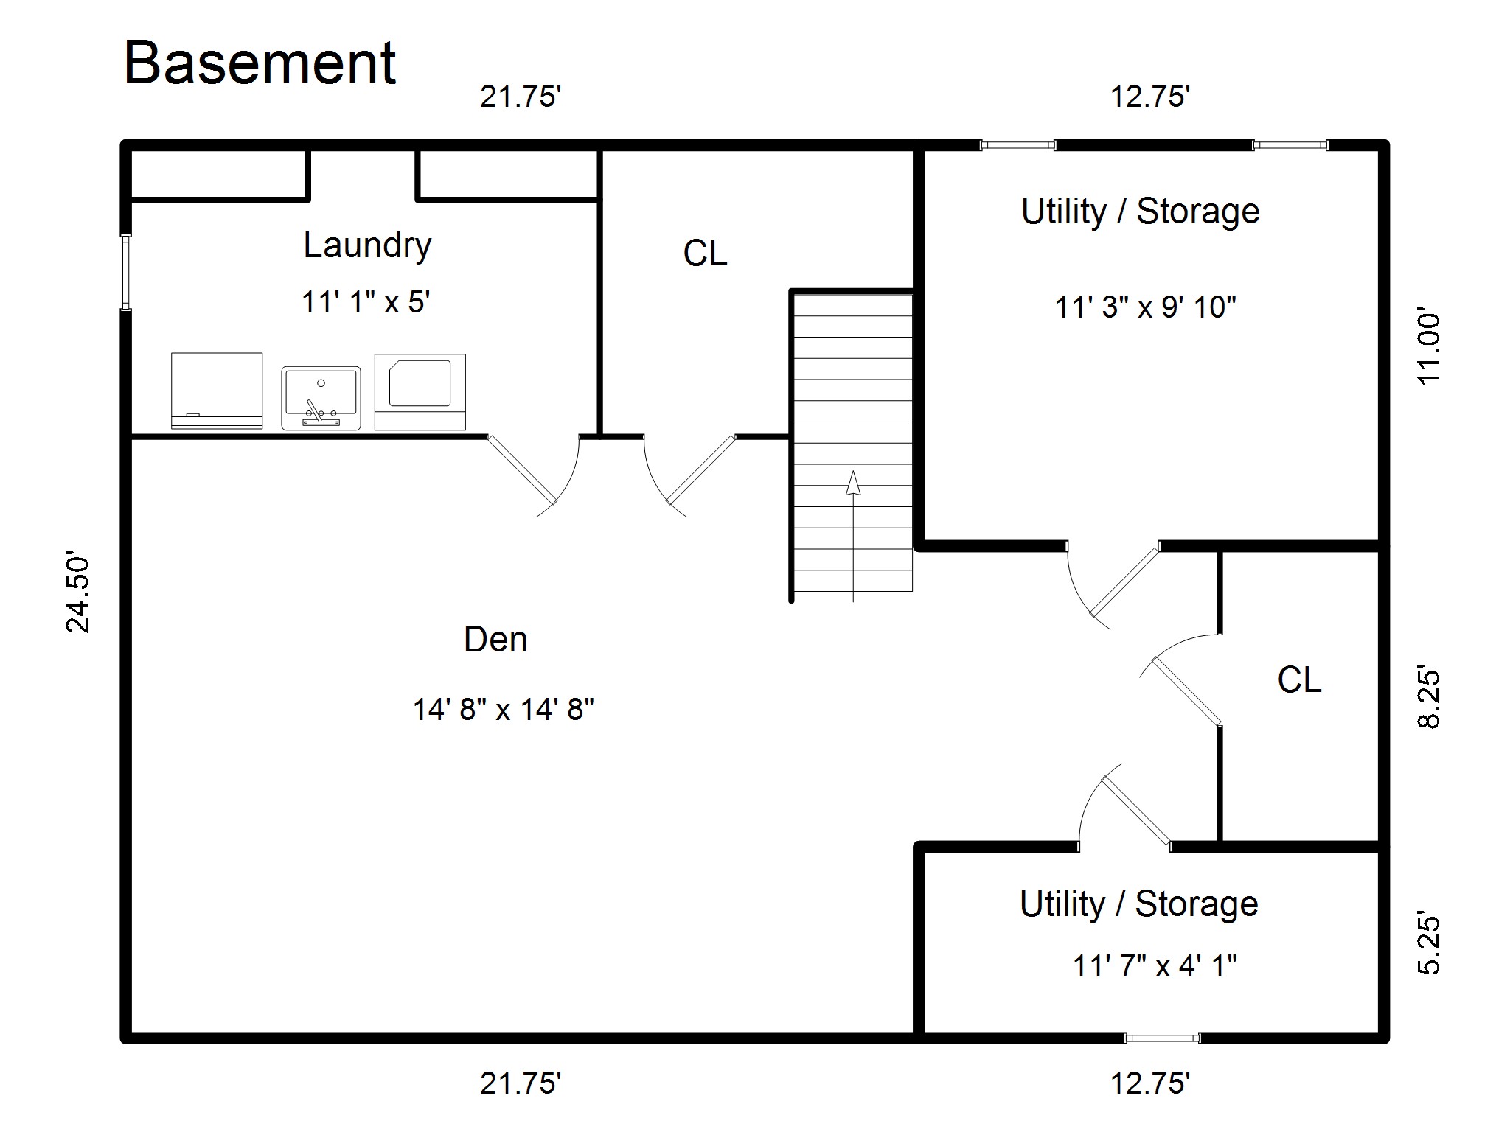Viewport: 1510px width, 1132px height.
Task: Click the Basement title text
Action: click(x=260, y=63)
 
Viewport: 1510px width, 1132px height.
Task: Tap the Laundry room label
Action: click(x=366, y=245)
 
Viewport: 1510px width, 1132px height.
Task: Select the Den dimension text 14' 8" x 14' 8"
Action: click(x=503, y=710)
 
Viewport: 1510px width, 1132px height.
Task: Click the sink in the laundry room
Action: click(x=321, y=398)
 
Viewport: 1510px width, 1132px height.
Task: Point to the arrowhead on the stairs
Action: click(x=853, y=483)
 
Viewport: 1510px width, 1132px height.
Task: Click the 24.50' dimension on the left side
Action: click(x=78, y=592)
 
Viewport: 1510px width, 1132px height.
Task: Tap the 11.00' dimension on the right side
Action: click(x=1428, y=348)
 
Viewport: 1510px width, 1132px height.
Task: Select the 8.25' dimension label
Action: click(x=1428, y=699)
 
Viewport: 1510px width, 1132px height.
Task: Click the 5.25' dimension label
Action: click(x=1428, y=945)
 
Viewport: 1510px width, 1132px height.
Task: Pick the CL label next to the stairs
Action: click(x=705, y=254)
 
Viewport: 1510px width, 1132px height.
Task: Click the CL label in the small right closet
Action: click(x=1298, y=679)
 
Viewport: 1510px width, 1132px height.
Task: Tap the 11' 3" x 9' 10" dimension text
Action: click(x=1144, y=307)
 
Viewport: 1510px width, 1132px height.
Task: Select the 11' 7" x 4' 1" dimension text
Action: click(x=1154, y=965)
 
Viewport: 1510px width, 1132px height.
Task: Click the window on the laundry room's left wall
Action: click(x=126, y=273)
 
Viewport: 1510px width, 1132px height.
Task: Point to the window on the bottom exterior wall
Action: click(x=1162, y=1038)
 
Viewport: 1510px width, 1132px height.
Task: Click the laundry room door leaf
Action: click(x=522, y=469)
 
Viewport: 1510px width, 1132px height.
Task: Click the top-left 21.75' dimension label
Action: click(x=521, y=97)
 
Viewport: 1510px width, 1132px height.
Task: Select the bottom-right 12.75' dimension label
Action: click(x=1150, y=1083)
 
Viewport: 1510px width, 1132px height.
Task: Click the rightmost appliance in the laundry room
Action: click(x=420, y=391)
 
